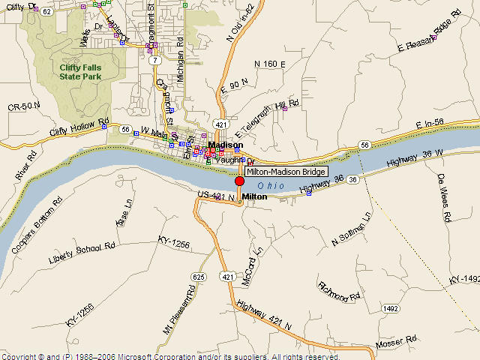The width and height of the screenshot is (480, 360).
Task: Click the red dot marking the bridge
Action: (240, 181)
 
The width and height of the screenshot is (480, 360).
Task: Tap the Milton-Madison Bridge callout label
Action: (286, 172)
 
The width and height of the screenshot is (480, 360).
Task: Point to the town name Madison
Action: (225, 145)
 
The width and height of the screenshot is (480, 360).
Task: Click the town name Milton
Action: (254, 196)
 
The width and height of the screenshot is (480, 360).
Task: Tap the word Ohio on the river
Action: (271, 185)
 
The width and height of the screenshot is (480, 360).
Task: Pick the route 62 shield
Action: (46, 12)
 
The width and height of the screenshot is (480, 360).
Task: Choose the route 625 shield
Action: (198, 277)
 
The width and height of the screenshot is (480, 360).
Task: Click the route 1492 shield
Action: (389, 307)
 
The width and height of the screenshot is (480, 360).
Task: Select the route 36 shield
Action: (352, 180)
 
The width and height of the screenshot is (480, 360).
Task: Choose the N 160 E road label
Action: (270, 64)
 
